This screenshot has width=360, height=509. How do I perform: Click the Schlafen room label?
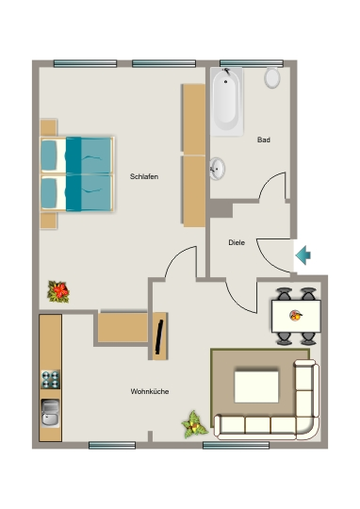(x=144, y=176)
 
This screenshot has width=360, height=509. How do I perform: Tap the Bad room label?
(x=264, y=140)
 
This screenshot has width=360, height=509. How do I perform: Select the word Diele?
(x=237, y=242)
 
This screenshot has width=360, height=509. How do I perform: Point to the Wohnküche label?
(x=150, y=391)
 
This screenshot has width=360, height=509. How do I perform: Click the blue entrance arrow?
(x=303, y=255)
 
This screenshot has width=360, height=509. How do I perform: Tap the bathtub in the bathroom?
(x=226, y=102)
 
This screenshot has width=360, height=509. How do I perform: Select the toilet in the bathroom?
(x=272, y=77)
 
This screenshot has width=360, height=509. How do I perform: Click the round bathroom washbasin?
(x=217, y=169)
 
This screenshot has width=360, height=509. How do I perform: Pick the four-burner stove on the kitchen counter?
(x=51, y=380)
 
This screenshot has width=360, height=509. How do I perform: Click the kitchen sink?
(x=51, y=413)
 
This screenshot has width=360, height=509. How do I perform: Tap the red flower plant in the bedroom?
(x=58, y=291)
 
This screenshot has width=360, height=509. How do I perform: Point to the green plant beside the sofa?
(x=194, y=424)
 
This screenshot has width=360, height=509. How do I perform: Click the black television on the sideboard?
(x=159, y=337)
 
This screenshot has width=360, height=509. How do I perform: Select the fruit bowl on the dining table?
(x=296, y=316)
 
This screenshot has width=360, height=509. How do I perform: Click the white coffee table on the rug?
(x=256, y=386)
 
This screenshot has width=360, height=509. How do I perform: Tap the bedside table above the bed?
(x=49, y=127)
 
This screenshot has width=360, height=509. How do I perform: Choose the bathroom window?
(x=252, y=63)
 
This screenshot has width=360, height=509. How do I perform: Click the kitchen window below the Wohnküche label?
(x=112, y=445)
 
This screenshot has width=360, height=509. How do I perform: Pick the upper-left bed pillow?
(x=49, y=156)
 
